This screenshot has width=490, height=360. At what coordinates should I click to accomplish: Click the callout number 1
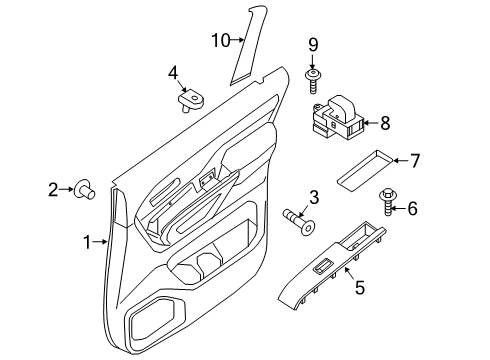click(88, 241)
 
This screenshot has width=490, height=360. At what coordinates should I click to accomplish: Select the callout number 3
click(313, 198)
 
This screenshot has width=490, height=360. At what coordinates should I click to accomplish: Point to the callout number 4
click(173, 73)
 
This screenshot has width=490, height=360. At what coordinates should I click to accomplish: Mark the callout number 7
click(416, 159)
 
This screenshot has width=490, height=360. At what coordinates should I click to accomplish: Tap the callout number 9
click(313, 44)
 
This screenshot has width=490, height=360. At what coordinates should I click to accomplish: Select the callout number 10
click(220, 40)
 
